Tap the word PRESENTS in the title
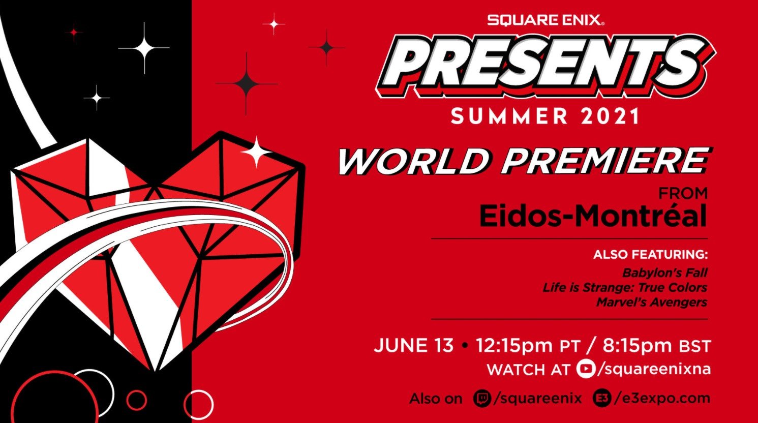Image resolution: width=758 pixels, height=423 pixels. (x=544, y=65)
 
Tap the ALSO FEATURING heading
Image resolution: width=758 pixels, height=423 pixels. (x=650, y=254)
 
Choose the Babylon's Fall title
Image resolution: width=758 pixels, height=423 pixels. (x=664, y=273)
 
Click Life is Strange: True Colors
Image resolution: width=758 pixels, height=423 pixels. (x=625, y=287)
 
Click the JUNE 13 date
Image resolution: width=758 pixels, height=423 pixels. (x=413, y=346)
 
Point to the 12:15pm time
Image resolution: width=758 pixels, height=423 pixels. (x=514, y=346)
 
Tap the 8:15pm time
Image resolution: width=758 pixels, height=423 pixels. (x=638, y=346)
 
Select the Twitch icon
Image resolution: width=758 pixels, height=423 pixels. (x=482, y=398)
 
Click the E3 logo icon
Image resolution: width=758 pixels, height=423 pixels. (x=602, y=398)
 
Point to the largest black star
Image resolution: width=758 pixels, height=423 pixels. (x=247, y=83)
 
